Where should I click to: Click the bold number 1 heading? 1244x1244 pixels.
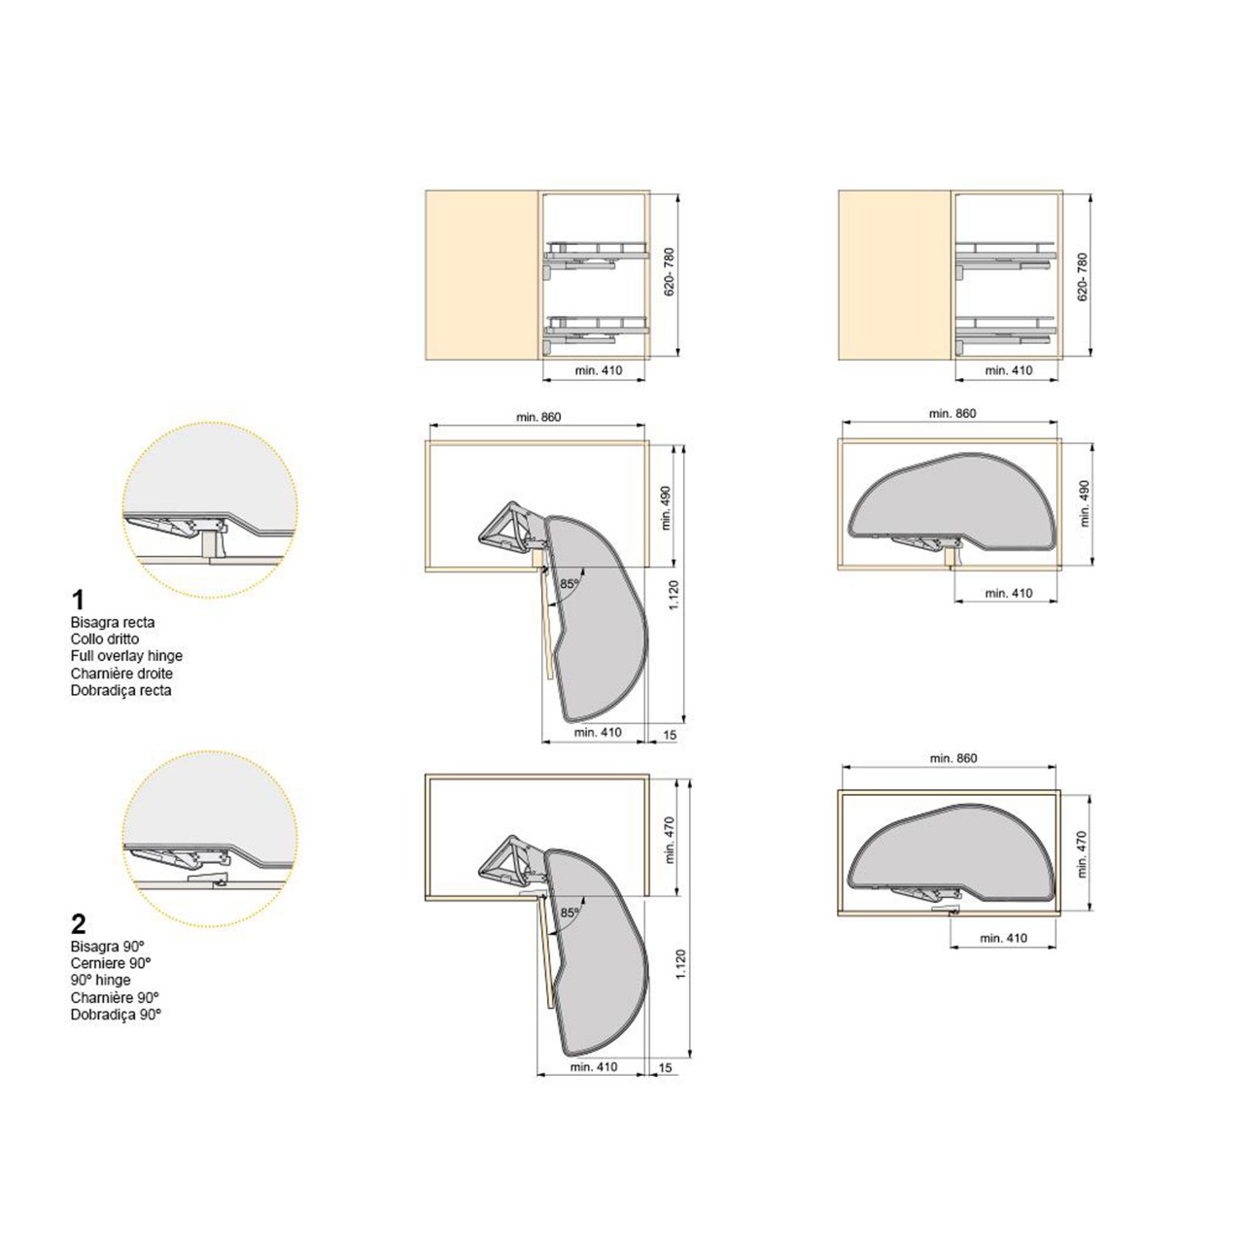(x=78, y=601)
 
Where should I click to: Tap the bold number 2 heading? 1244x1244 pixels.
(x=78, y=925)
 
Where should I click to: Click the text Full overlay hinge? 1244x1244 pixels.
(x=126, y=656)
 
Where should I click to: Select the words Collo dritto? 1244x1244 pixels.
(x=105, y=639)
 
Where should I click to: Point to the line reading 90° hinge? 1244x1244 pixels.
(x=101, y=980)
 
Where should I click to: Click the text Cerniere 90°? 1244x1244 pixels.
(x=111, y=963)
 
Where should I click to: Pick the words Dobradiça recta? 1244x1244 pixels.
(x=121, y=690)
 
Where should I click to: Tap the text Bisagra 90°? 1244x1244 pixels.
(x=108, y=947)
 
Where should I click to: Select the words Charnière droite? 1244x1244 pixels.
(x=121, y=674)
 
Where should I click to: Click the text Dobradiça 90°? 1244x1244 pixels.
(x=116, y=1015)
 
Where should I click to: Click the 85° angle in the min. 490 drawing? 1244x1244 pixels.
(x=569, y=583)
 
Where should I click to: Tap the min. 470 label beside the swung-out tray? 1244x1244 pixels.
(x=669, y=840)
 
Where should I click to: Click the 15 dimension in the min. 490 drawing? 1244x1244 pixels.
(x=670, y=736)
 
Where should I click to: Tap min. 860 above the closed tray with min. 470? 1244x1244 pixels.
(x=953, y=758)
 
